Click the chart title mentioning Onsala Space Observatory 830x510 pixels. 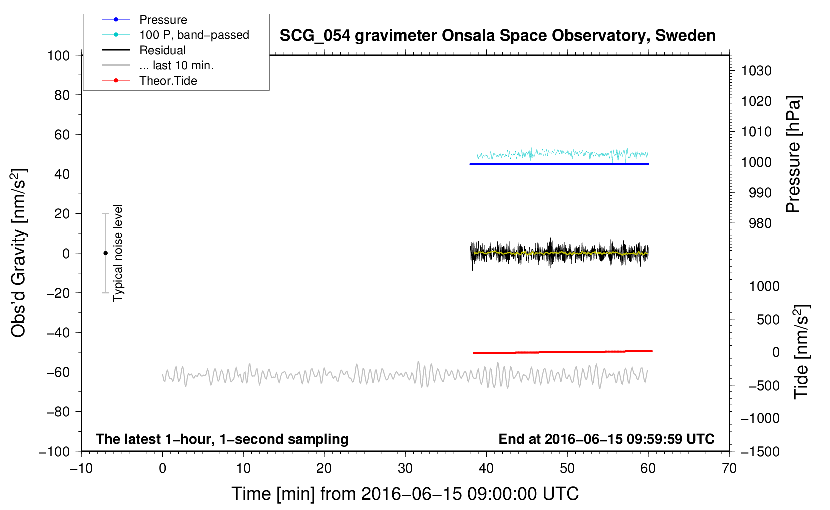[497, 36]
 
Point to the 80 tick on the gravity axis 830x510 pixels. [62, 95]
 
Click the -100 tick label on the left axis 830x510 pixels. [54, 452]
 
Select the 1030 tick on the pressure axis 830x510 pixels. [756, 71]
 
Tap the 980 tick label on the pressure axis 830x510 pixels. [760, 223]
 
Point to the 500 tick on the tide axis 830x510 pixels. [768, 320]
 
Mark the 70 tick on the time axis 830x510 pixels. [729, 469]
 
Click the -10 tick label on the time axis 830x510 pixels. [82, 469]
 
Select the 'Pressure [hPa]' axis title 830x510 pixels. [793, 154]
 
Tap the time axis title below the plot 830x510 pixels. [405, 494]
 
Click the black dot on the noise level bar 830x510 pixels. [105, 253]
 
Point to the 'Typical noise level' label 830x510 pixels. [118, 253]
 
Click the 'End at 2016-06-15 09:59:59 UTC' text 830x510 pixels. [606, 439]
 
